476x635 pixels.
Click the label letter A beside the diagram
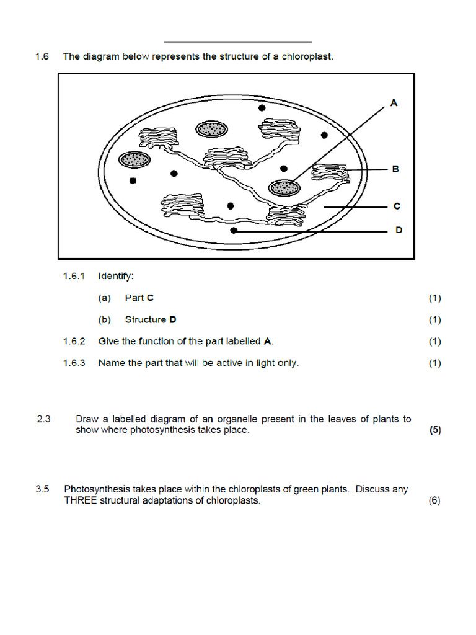tap(394, 104)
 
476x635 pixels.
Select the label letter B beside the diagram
tap(395, 169)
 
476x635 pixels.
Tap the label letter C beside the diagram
tap(397, 206)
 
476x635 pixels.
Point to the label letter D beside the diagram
tap(399, 230)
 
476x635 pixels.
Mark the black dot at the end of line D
tap(234, 231)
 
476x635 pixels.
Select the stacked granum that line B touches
tap(330, 175)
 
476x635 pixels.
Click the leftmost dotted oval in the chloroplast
tap(134, 159)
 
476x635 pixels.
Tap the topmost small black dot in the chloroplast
tap(262, 108)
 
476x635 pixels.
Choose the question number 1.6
tap(42, 56)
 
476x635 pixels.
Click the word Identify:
tap(116, 276)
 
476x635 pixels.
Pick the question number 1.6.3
tap(74, 363)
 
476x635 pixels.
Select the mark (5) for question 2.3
tap(435, 430)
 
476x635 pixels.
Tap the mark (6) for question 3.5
tap(434, 501)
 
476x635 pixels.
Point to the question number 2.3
tap(43, 419)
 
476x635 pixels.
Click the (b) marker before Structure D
tap(105, 319)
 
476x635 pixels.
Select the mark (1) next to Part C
tap(435, 298)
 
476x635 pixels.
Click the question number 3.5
tap(43, 489)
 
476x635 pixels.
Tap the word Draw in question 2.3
tap(87, 419)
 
